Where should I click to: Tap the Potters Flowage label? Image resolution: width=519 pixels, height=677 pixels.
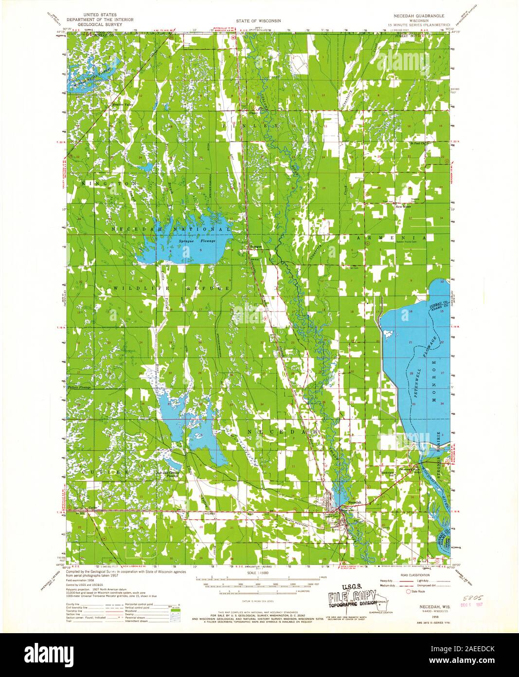(x=79, y=388)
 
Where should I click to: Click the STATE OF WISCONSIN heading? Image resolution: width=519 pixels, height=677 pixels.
(x=259, y=21)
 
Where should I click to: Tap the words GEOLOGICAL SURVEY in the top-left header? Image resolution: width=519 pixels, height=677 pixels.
(x=101, y=24)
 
